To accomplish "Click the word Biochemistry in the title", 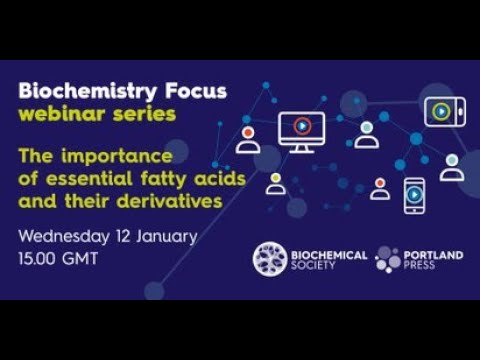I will [78, 92].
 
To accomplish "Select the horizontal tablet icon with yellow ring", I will [443, 111].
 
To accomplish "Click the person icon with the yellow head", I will [276, 183].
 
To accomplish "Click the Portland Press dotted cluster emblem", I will [388, 259].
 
